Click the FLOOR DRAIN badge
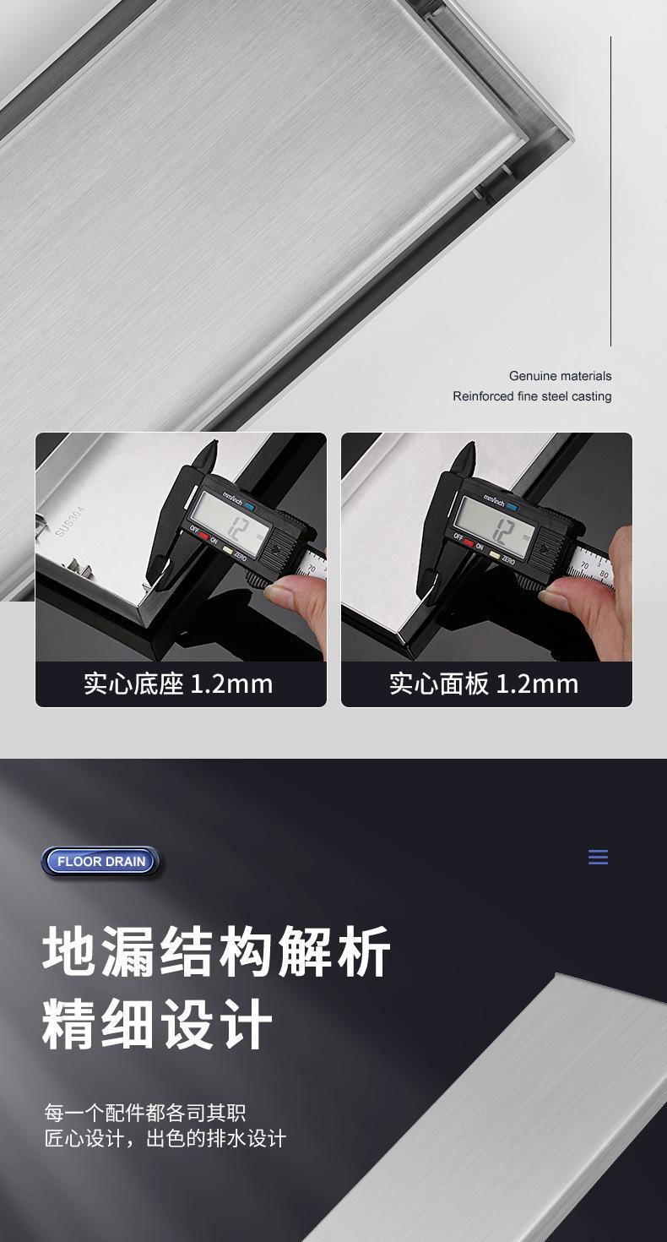pyautogui.click(x=101, y=862)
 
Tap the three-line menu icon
pyautogui.click(x=598, y=858)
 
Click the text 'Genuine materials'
pyautogui.click(x=560, y=376)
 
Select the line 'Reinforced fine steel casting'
pyautogui.click(x=532, y=396)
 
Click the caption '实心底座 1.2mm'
pyautogui.click(x=179, y=684)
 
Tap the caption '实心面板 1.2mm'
pyautogui.click(x=485, y=684)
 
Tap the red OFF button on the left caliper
pyautogui.click(x=203, y=537)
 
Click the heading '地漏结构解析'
pyautogui.click(x=217, y=952)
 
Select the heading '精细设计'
pyautogui.click(x=158, y=1024)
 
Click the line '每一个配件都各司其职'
pyautogui.click(x=145, y=1113)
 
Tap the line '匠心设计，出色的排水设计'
pyautogui.click(x=165, y=1138)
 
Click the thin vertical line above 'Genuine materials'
pyautogui.click(x=610, y=191)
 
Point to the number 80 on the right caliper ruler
pyautogui.click(x=603, y=575)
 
